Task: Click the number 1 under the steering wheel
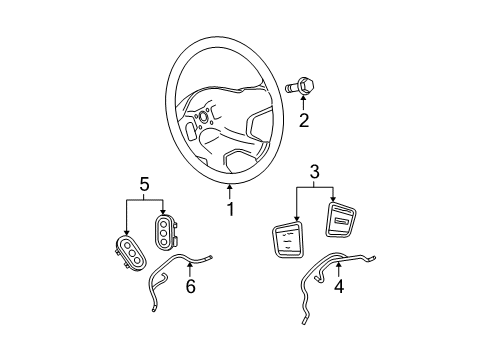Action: tap(230, 209)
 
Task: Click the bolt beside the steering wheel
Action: tap(300, 87)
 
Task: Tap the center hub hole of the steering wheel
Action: tap(204, 116)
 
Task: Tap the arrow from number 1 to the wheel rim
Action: tap(230, 193)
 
